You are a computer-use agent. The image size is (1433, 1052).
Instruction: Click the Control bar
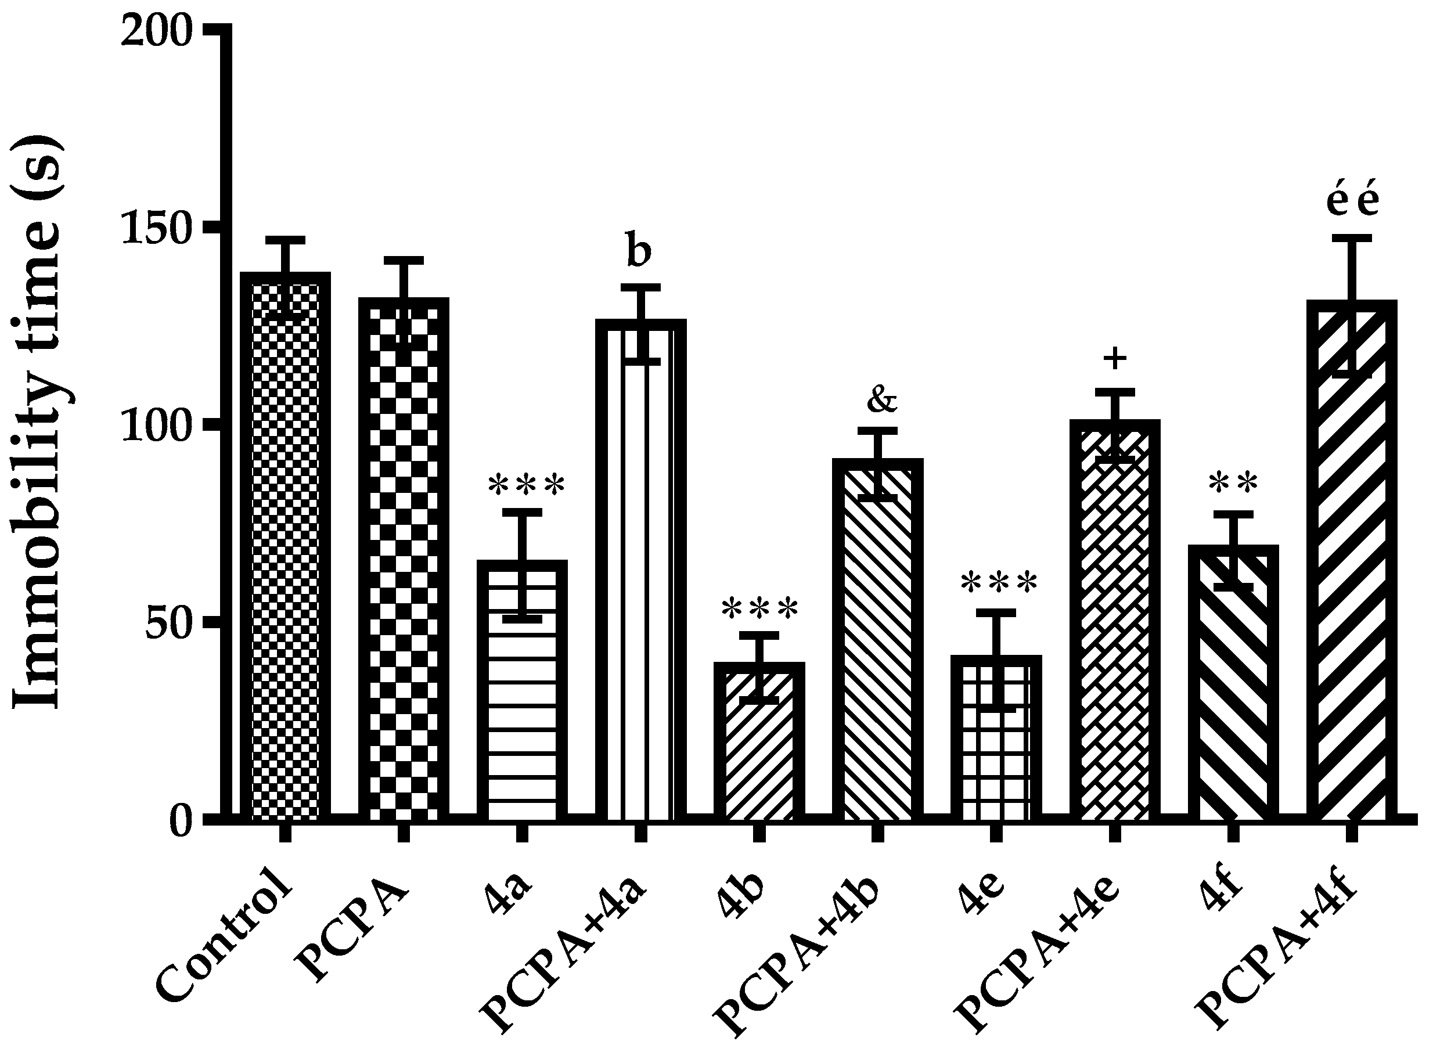point(285,547)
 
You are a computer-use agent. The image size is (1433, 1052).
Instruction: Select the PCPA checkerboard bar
point(404,560)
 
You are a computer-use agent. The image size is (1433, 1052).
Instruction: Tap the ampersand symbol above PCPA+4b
point(881,399)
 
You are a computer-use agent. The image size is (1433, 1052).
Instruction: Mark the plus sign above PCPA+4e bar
point(1115,359)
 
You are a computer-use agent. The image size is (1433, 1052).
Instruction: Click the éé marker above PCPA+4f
point(1352,202)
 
